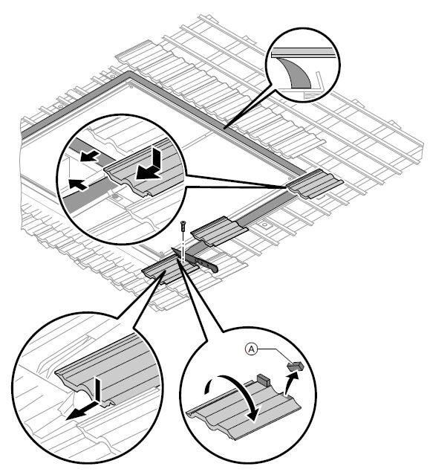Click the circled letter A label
(251, 349)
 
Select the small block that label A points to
(296, 366)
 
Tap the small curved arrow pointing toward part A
(290, 384)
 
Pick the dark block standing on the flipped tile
(263, 380)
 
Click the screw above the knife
(183, 225)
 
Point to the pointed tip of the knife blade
(172, 248)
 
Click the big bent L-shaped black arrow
(152, 168)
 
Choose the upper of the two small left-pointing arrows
(89, 155)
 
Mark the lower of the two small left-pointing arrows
(78, 184)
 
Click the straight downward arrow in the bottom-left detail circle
(98, 390)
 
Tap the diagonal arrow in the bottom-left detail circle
(82, 410)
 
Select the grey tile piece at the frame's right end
(315, 184)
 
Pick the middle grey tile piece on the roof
(219, 231)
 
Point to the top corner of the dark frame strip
(129, 72)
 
